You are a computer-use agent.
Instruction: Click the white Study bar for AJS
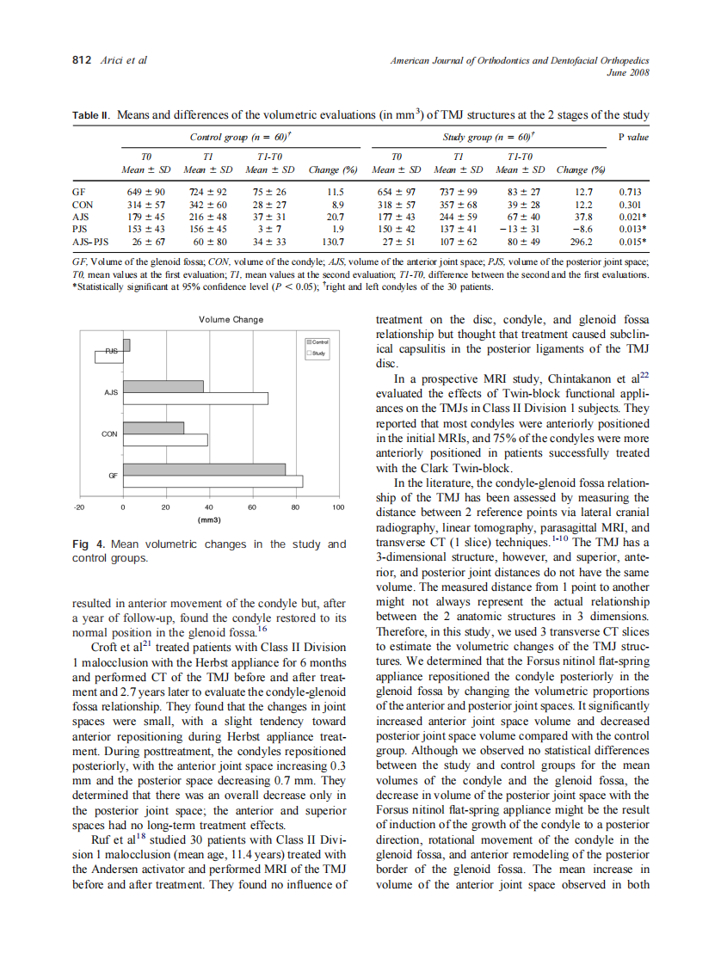(x=195, y=398)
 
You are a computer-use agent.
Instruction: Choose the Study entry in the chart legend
(x=316, y=353)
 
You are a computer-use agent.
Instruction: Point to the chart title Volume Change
(x=231, y=320)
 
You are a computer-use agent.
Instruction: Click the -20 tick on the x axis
(x=79, y=507)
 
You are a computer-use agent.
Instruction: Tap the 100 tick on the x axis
(x=338, y=507)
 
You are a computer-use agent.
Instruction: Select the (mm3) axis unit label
(x=209, y=520)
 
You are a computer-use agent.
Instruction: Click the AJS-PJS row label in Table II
(x=90, y=243)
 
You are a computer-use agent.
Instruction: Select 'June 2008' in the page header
(x=627, y=72)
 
